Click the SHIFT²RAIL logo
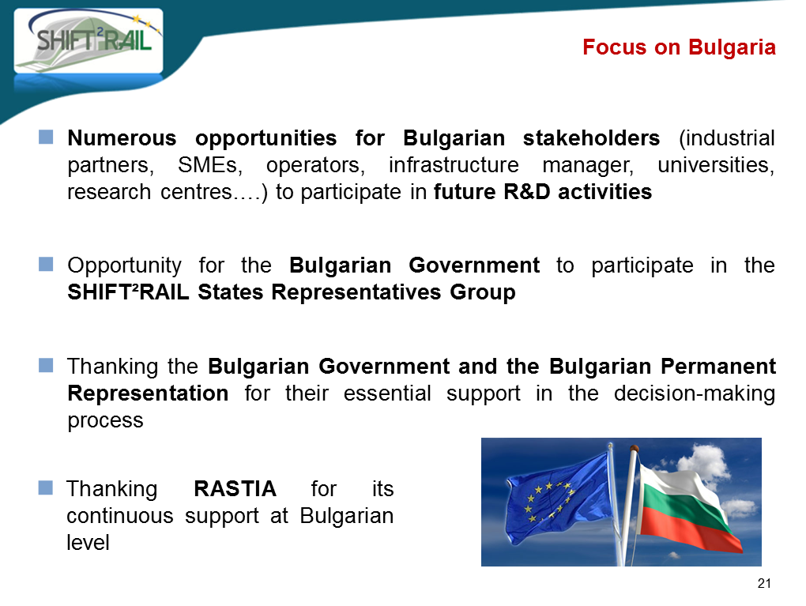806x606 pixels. tap(89, 40)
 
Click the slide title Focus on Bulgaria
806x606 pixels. tap(679, 47)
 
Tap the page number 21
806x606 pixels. tap(764, 583)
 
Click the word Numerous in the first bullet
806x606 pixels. tap(122, 137)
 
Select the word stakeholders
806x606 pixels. tap(591, 137)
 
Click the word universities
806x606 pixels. tap(716, 165)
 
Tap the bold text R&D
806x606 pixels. tap(527, 192)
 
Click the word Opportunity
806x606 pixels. tap(124, 265)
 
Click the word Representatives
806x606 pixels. tap(356, 292)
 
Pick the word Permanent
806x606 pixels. tap(718, 367)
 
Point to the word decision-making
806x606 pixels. tap(695, 393)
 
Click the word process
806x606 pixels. tap(105, 421)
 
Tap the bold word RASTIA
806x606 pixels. tap(235, 489)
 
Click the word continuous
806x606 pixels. tap(120, 516)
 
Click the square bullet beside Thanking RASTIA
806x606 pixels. tap(46, 487)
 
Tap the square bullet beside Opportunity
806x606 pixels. tap(46, 264)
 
